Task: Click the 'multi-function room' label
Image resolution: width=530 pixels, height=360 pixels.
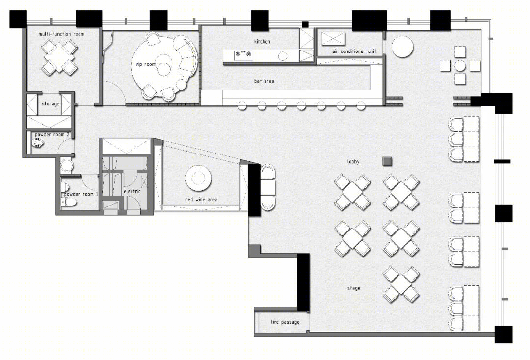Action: click(x=61, y=34)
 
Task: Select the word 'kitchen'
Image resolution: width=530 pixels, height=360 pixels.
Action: click(x=262, y=42)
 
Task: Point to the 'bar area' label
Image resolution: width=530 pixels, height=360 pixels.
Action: click(x=264, y=81)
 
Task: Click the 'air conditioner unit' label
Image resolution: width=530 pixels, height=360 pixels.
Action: click(x=354, y=51)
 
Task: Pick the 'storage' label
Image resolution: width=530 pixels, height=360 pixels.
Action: click(x=51, y=103)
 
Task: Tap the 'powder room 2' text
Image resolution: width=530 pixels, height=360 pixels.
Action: click(x=52, y=135)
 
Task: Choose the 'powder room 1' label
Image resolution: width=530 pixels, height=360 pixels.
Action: click(x=81, y=194)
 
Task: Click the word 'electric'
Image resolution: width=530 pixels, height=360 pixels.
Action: click(x=132, y=191)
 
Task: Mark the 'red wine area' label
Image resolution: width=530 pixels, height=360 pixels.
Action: click(x=202, y=200)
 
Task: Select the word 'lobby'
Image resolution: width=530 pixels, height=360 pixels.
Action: click(x=353, y=162)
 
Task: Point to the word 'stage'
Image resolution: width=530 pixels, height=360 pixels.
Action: click(x=354, y=288)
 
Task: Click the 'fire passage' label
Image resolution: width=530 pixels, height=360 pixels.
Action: click(x=285, y=322)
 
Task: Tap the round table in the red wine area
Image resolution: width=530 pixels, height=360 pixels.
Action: click(x=199, y=179)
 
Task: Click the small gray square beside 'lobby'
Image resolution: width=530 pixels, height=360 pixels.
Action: click(x=387, y=161)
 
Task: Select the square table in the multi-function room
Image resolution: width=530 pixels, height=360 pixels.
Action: click(x=59, y=57)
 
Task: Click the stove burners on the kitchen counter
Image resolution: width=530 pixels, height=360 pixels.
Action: click(x=244, y=53)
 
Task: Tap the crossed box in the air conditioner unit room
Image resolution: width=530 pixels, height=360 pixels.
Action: click(x=333, y=38)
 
